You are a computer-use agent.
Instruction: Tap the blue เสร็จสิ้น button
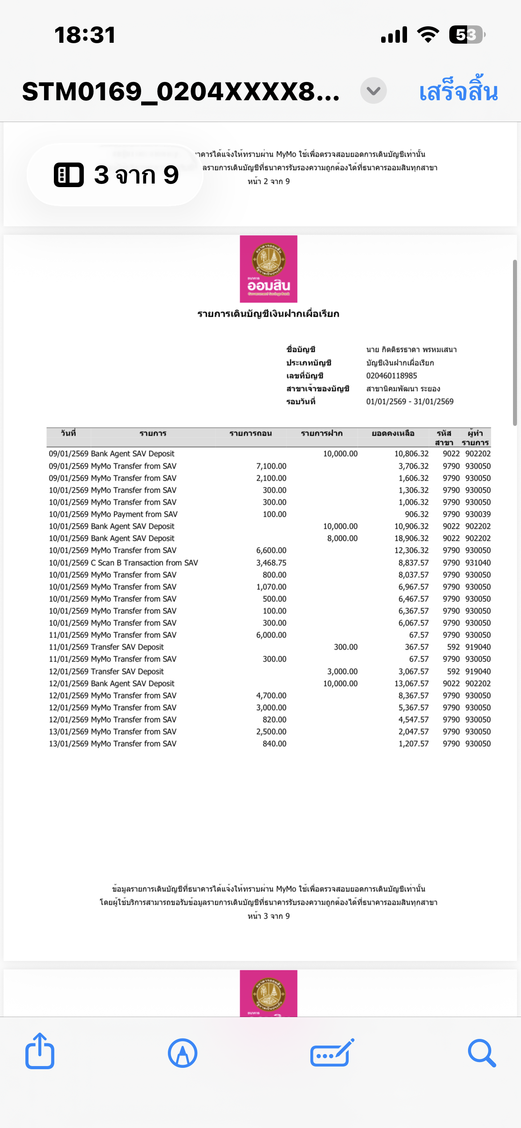458,91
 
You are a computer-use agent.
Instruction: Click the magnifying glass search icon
481,1053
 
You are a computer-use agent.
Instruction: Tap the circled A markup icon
183,1053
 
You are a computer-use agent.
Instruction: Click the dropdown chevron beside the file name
373,91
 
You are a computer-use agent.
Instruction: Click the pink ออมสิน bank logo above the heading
269,269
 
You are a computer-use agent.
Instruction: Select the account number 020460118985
391,376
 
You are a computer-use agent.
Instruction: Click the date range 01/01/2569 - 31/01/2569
410,401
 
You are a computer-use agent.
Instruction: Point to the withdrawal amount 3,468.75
271,563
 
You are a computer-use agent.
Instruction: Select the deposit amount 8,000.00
342,538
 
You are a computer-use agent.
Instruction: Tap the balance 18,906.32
411,538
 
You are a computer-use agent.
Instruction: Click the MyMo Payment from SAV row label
134,514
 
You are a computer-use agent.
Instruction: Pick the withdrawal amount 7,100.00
271,466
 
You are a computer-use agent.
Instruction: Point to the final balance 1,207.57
413,744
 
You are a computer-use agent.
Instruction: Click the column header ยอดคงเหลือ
393,433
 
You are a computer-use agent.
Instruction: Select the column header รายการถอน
250,433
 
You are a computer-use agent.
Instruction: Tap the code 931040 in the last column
478,563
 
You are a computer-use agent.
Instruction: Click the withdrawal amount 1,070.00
271,587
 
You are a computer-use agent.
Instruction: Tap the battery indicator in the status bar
467,35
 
